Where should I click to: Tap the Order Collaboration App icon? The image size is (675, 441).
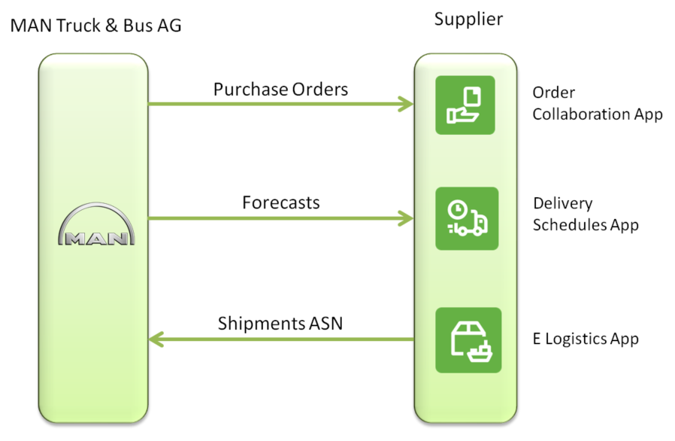465,105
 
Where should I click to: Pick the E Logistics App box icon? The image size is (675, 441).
468,339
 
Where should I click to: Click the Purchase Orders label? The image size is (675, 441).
280,90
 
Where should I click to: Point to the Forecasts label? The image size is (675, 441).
280,202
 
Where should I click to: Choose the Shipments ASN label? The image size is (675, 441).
280,324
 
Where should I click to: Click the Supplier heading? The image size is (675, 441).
468,19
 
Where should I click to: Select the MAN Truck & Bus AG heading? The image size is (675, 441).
95,26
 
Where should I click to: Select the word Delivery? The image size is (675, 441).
563,203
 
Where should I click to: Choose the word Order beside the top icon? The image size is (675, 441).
554,93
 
